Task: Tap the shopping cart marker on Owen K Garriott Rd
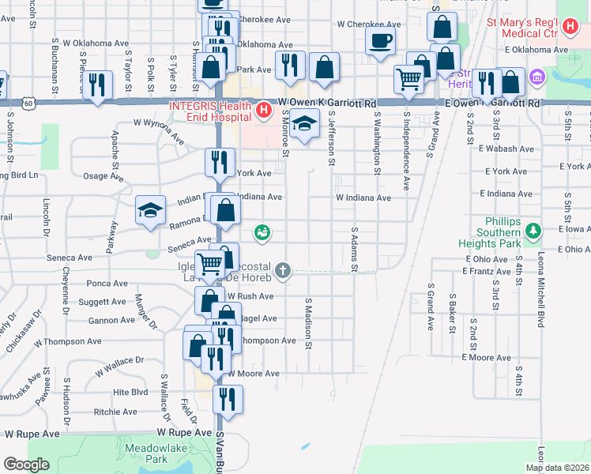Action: pos(408,78)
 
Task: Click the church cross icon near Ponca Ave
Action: pos(282,271)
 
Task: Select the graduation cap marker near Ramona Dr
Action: pos(150,210)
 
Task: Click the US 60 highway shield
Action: pos(28,103)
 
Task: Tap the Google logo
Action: pos(26,465)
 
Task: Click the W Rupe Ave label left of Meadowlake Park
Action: pos(32,434)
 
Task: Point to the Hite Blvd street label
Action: pos(130,391)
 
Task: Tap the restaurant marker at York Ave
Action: pos(220,163)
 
